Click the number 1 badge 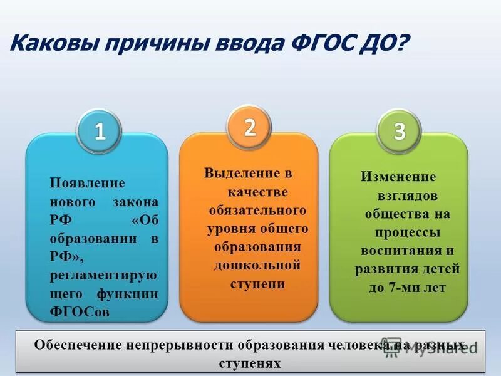pos(100,132)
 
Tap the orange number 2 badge pos(250,127)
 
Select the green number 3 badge pos(400,132)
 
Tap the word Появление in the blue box pos(88,184)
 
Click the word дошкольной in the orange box pos(257,265)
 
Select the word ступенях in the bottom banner pos(250,363)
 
